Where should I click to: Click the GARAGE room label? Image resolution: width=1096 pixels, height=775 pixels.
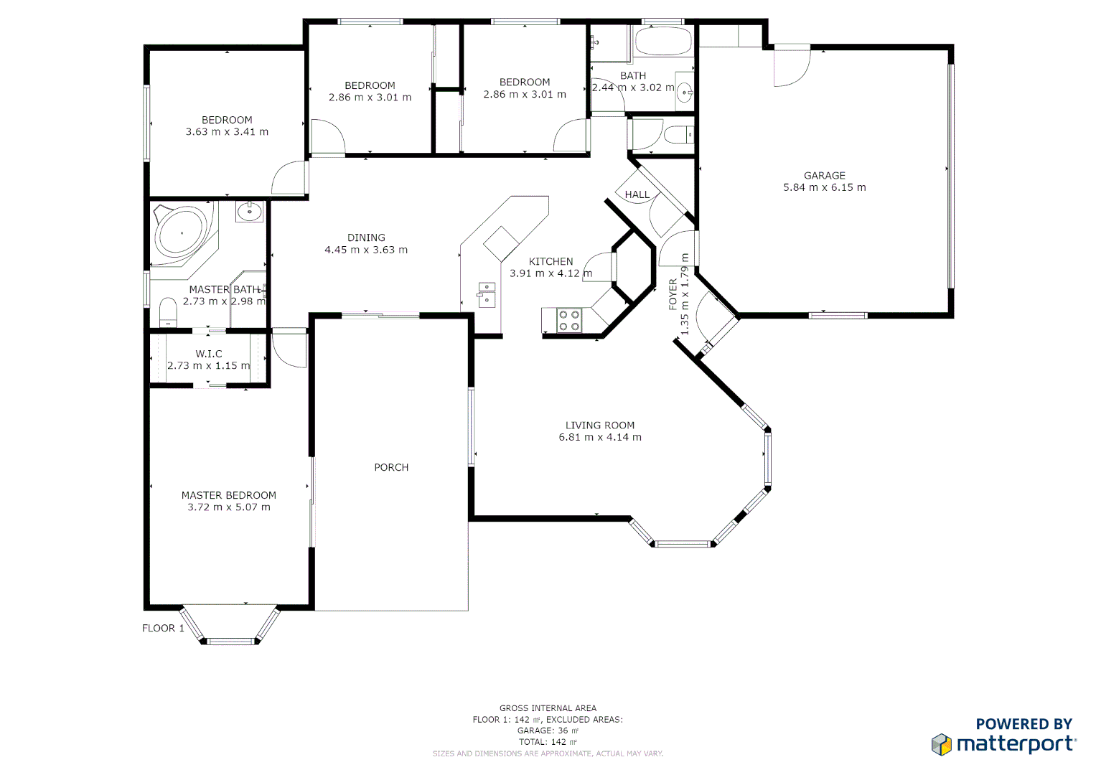pos(824,175)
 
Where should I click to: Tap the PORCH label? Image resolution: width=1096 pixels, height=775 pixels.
pos(391,467)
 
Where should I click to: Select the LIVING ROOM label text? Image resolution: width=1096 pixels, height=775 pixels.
pos(599,425)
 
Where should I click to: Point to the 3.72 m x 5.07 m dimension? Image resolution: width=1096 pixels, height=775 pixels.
pos(229,507)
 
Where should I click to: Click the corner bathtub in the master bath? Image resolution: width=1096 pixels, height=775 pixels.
pos(182,233)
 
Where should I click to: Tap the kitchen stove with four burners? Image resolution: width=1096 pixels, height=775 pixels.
pos(569,320)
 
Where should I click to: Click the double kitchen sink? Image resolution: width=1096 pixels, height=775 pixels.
pos(487,294)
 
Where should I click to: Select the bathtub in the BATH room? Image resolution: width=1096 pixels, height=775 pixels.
pos(663,42)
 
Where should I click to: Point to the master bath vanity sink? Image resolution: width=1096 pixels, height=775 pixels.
pos(250,211)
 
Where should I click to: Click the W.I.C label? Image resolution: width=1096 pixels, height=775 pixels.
pos(209,354)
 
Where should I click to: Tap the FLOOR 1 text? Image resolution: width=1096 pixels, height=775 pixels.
pos(163,628)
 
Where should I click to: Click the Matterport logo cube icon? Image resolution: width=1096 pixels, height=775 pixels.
pos(942,744)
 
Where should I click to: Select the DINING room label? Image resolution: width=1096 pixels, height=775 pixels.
pos(366,238)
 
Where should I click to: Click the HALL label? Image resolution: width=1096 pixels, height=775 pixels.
pos(637,194)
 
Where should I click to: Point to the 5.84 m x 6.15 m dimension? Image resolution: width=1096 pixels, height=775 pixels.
pos(824,187)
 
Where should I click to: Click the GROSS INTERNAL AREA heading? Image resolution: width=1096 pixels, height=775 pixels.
pos(548,708)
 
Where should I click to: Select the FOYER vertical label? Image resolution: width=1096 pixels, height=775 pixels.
pos(673,294)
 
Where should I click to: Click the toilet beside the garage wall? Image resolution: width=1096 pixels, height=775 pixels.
pos(678,134)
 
